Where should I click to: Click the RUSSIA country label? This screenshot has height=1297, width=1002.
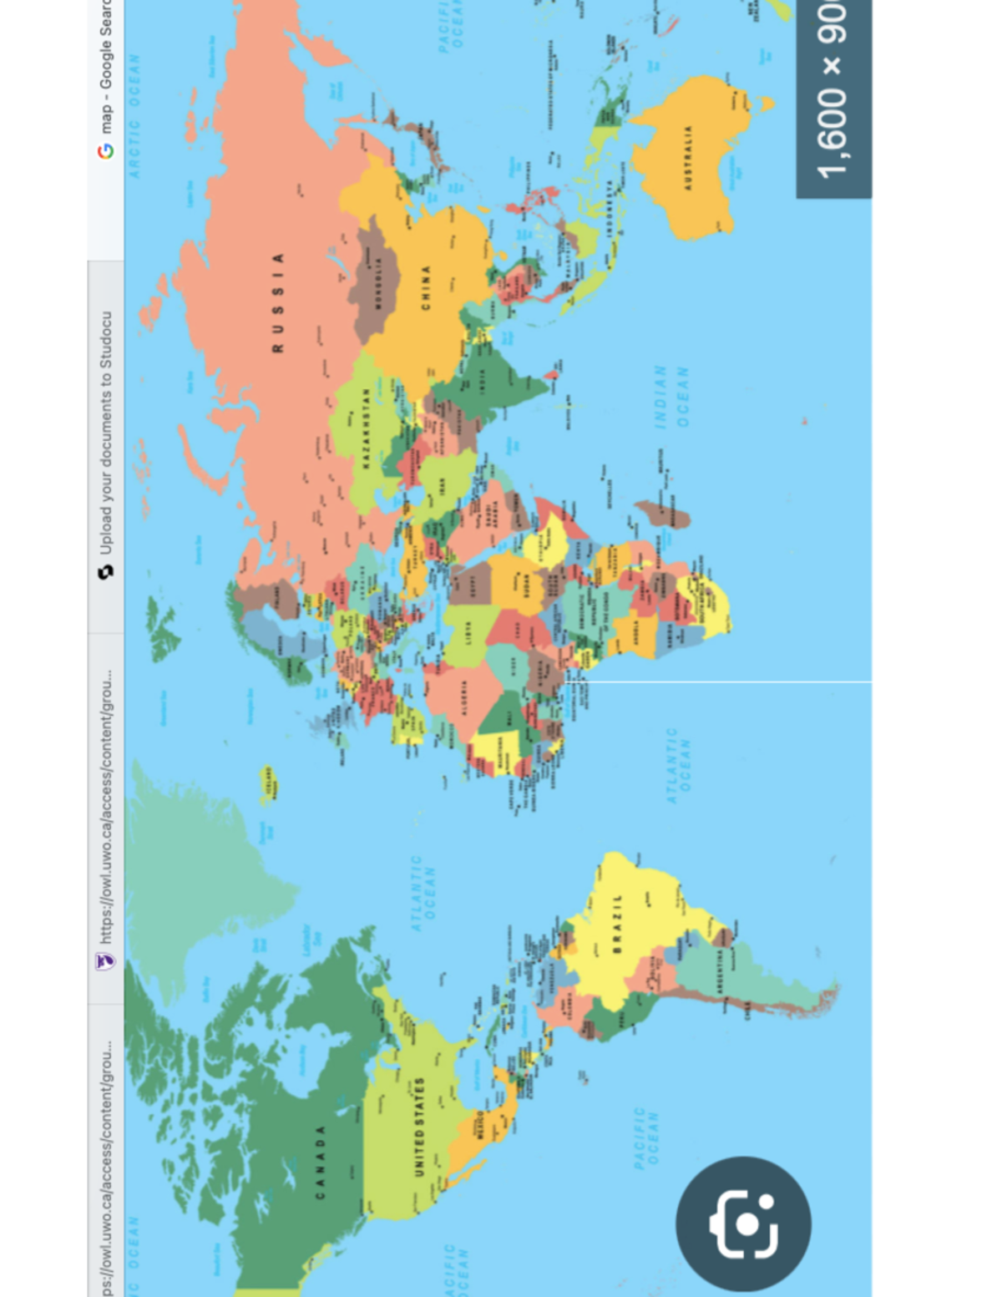278,302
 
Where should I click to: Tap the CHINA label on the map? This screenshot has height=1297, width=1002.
426,288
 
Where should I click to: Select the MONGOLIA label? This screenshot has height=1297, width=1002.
377,283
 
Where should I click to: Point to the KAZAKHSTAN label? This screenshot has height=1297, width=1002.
365,427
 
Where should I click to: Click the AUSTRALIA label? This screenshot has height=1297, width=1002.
688,158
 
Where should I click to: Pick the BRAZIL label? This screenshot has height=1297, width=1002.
618,923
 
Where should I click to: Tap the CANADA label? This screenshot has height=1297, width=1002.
320,1162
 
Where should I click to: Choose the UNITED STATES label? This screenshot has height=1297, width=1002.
418,1127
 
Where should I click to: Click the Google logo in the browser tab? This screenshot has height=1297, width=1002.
106,151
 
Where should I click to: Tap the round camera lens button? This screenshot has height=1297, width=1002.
743,1224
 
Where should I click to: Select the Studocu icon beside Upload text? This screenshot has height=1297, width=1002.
106,572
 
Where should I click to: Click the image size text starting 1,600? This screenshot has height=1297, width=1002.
833,92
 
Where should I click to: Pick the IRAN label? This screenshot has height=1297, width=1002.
441,485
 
